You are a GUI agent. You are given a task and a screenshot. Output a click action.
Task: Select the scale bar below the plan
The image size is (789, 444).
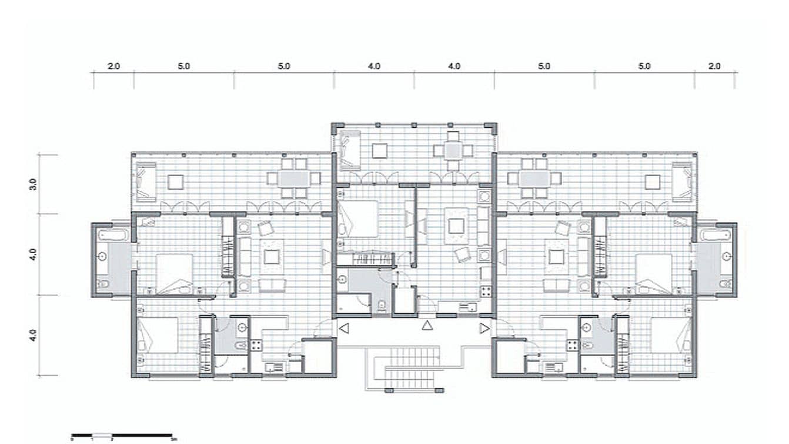point(122,436)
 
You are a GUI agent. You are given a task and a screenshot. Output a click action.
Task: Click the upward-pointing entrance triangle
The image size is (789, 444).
point(427,325)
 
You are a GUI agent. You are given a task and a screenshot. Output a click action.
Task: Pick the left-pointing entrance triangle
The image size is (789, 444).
point(345,329)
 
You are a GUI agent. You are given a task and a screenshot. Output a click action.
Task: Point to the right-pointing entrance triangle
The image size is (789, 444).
point(484,329)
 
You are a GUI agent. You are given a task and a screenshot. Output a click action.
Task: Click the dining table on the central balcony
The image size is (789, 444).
point(452,151)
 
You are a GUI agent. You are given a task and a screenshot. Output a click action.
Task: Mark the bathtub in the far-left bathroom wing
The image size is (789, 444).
point(112,235)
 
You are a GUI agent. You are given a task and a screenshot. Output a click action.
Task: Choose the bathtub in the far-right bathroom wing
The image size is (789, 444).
point(716,235)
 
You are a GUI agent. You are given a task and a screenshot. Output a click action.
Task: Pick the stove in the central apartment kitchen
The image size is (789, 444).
point(486,290)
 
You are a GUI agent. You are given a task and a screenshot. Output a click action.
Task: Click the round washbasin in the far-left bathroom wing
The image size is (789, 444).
point(102,257)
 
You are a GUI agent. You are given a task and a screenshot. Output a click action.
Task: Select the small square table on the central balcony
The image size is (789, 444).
point(380,151)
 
